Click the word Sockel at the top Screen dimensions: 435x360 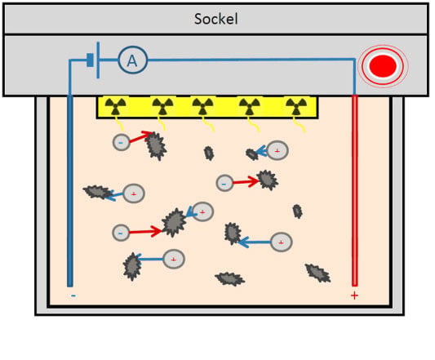215,19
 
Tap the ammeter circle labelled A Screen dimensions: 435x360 132,60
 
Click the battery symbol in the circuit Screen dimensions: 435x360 94,60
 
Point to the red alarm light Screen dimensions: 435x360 383,66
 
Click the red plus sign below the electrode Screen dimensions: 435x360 354,296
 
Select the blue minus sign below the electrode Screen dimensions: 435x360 73,296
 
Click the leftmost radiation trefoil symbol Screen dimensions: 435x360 115,107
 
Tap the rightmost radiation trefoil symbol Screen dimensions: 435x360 296,107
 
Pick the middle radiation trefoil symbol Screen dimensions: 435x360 202,107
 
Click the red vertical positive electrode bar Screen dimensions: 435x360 354,190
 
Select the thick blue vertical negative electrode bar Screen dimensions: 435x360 70,191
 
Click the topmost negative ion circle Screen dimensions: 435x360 122,142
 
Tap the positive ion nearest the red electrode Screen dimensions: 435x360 281,242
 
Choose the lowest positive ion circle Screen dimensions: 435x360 173,260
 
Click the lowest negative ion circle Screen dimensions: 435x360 121,233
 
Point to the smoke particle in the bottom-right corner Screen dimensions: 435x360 318,273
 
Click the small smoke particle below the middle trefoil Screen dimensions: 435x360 209,153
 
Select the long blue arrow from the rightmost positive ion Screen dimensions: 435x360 254,242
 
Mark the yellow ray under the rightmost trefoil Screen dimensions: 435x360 299,124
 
